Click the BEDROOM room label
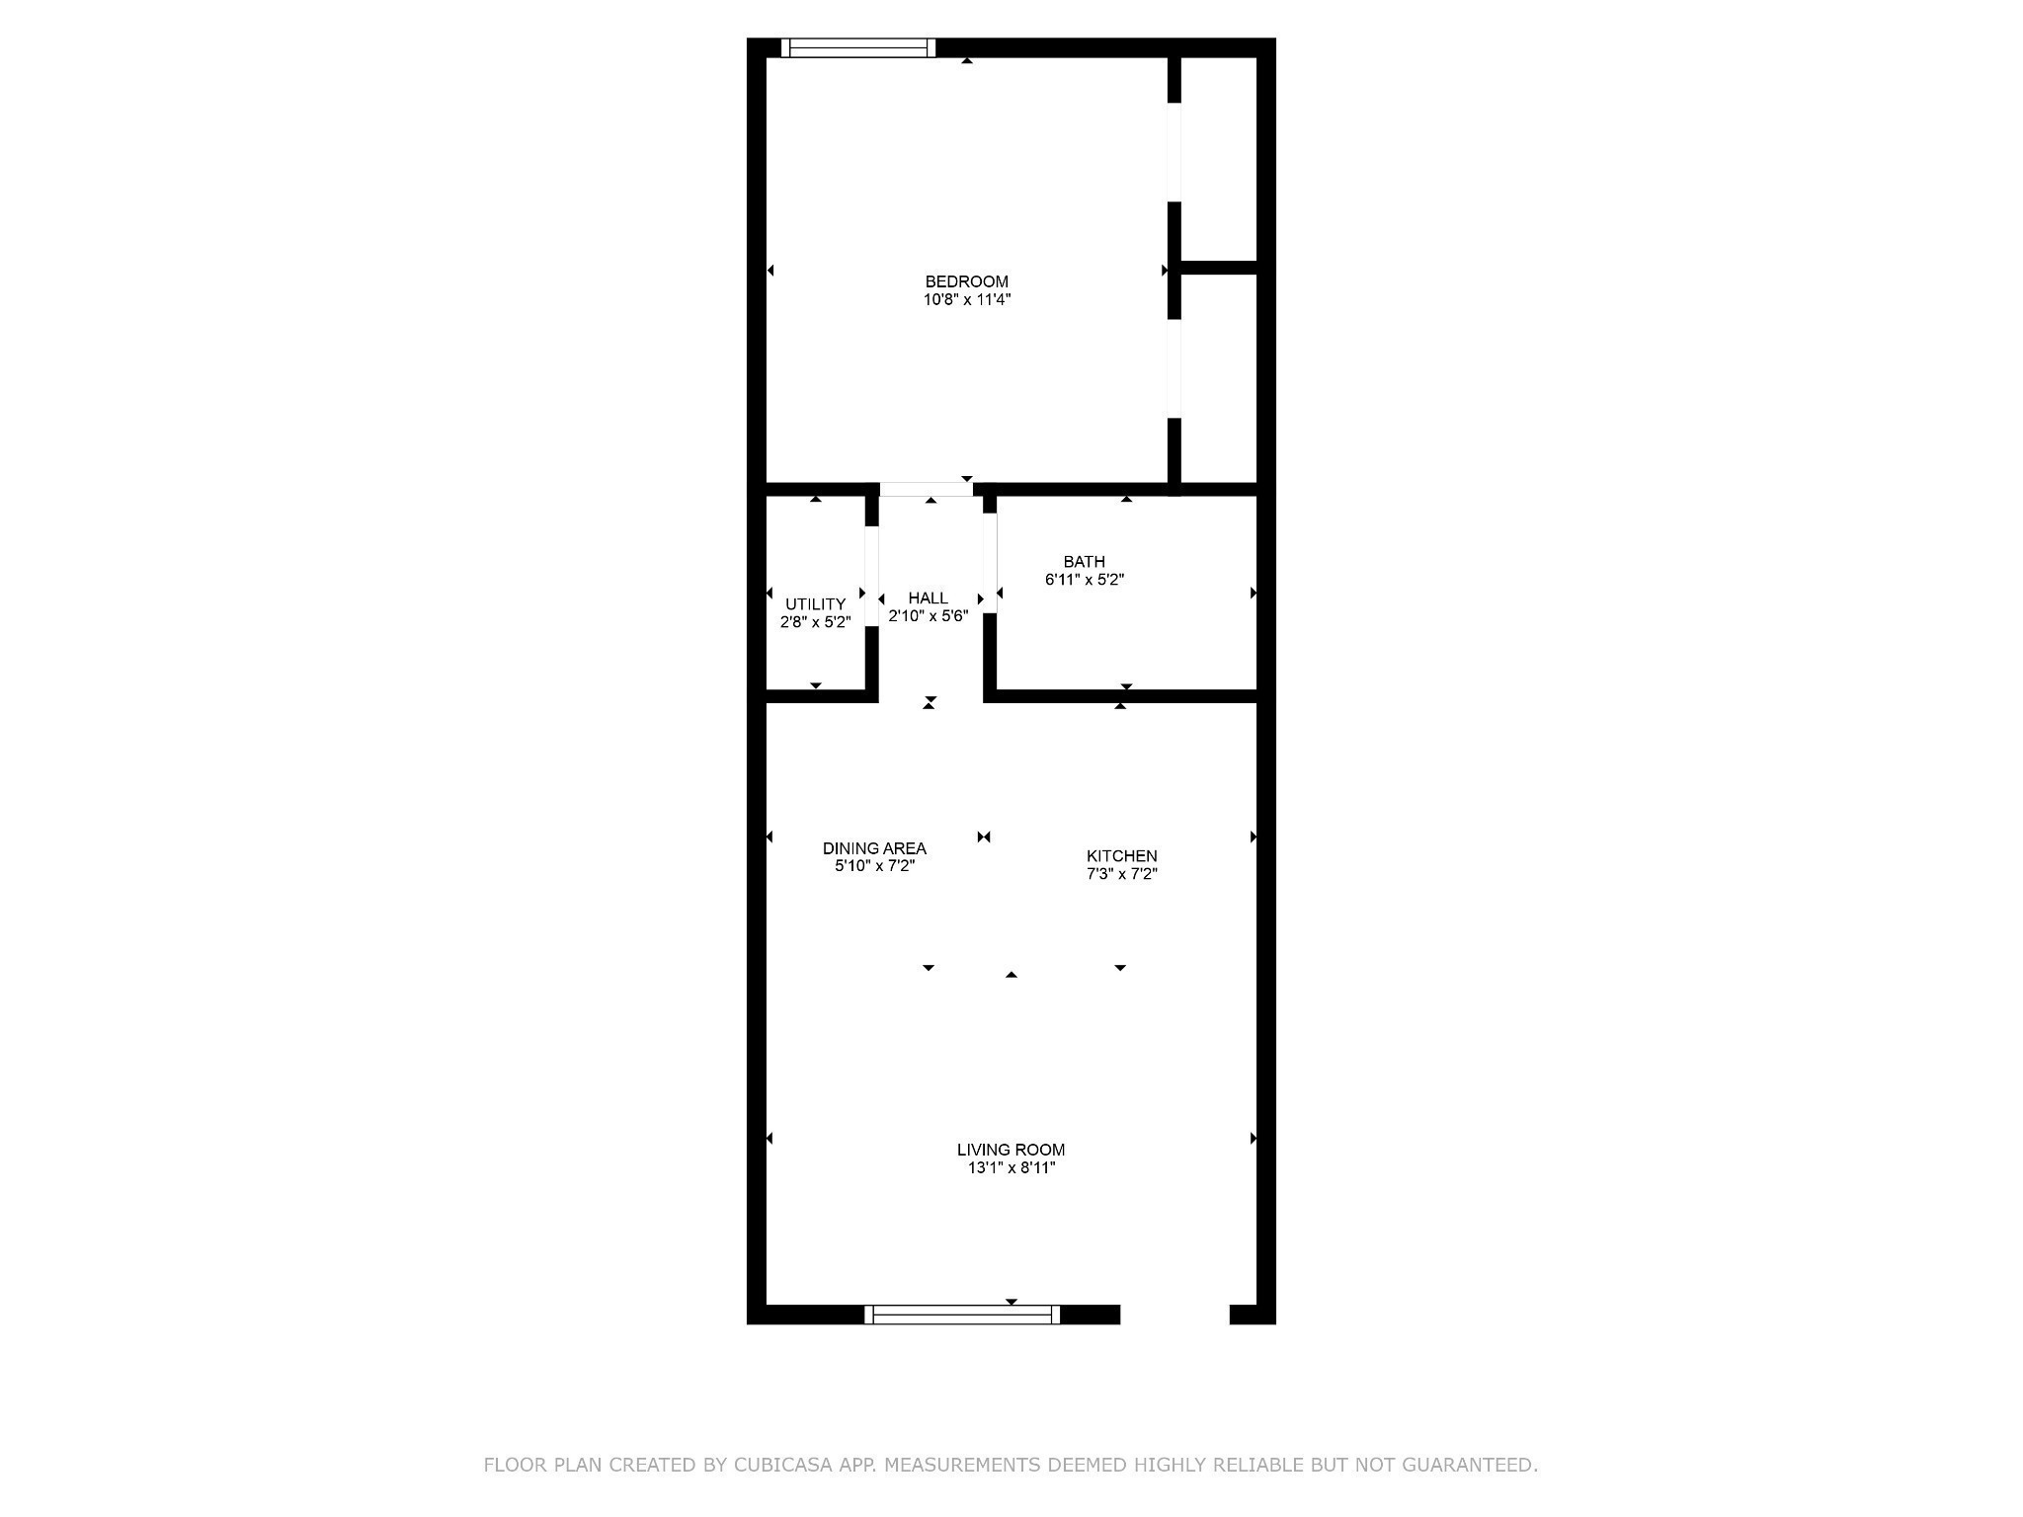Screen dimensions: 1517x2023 tap(966, 281)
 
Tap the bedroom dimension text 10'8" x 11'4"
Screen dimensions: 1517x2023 tap(966, 299)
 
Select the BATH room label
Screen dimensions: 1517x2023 tap(1084, 562)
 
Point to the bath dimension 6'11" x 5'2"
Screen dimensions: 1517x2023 tap(1084, 580)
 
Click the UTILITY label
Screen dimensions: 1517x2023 tap(815, 604)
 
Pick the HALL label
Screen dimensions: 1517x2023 tap(928, 598)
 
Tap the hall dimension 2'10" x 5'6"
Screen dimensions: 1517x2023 tap(928, 615)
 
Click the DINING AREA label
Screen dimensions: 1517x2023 tap(874, 848)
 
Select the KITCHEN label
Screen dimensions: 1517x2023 tap(1121, 856)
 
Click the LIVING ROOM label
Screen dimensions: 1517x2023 tap(1011, 1150)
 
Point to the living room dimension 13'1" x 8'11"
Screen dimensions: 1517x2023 tap(1011, 1167)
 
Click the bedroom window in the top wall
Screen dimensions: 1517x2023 tap(857, 47)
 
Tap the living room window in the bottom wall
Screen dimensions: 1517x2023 tap(961, 1314)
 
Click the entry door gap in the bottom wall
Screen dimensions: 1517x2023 tap(1174, 1314)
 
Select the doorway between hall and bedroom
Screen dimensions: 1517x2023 tap(926, 489)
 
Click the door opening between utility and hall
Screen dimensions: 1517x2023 tap(871, 577)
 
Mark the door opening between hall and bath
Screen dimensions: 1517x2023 tap(990, 563)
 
